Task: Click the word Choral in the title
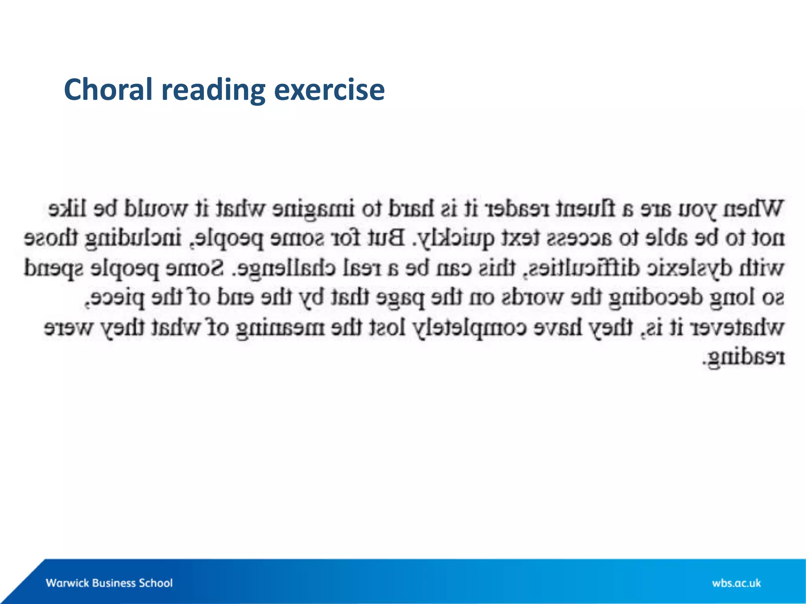pos(108,90)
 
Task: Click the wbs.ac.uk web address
pos(736,583)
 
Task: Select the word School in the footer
pos(155,583)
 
